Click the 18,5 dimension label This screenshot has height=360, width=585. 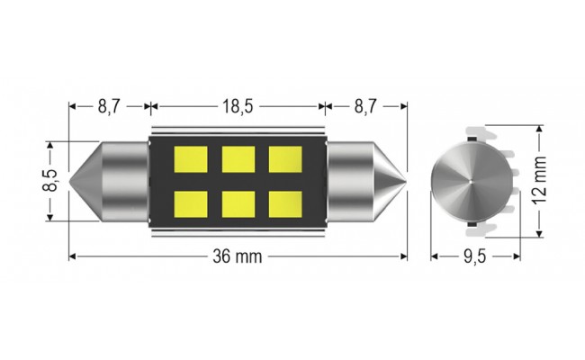[x=237, y=106]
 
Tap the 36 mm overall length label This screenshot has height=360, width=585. [x=237, y=257]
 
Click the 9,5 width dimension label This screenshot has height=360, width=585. [x=473, y=257]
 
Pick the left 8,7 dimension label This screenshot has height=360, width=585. [x=108, y=106]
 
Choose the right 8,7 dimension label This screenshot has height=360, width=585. [x=366, y=106]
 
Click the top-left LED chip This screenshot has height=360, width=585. [x=191, y=159]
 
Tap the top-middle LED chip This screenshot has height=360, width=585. [x=238, y=159]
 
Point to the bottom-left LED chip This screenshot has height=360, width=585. [x=191, y=203]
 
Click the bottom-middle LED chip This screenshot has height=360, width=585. [x=238, y=203]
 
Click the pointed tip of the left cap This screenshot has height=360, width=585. [x=71, y=179]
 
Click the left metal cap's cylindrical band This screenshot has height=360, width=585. [x=126, y=179]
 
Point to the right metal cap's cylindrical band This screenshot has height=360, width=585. [x=349, y=179]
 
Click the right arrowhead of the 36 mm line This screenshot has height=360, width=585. [x=403, y=257]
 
